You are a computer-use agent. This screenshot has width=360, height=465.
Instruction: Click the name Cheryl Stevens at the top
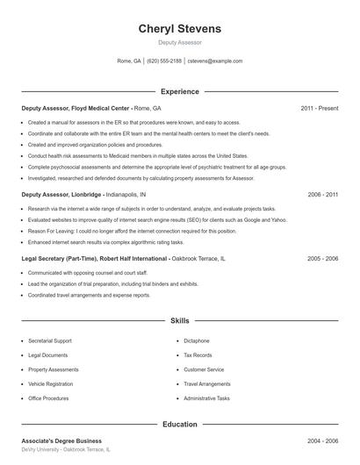click(179, 29)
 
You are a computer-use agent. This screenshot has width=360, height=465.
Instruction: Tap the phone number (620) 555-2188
click(164, 61)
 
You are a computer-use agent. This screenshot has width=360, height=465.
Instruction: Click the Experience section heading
click(179, 91)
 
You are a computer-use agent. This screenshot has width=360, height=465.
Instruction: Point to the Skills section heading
click(179, 321)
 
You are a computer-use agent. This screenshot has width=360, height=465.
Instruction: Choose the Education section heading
click(179, 424)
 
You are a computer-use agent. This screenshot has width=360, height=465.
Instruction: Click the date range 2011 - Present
click(319, 108)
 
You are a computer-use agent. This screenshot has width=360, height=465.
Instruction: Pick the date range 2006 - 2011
click(322, 194)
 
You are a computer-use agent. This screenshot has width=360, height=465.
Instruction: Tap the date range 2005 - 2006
click(322, 259)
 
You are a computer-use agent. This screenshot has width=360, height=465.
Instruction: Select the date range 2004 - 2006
click(322, 440)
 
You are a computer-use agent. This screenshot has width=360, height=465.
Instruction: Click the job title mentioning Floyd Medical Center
click(76, 108)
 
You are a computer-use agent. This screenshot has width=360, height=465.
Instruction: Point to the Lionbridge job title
click(61, 194)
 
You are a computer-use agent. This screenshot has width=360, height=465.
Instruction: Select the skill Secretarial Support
click(50, 340)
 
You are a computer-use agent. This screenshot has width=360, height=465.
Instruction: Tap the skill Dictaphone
click(197, 340)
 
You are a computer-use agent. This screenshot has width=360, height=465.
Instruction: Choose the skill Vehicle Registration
click(50, 383)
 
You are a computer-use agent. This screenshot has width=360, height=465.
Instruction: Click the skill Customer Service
click(204, 369)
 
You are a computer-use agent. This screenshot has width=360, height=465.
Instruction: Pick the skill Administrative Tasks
click(206, 398)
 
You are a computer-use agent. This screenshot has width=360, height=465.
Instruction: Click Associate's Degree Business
click(61, 440)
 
